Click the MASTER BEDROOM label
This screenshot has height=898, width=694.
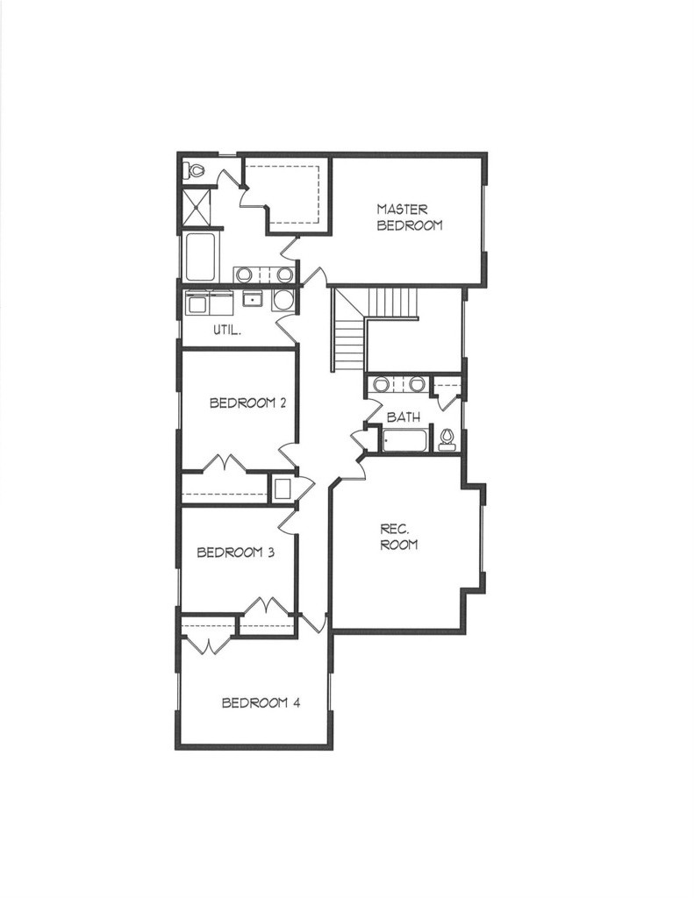[x=409, y=217]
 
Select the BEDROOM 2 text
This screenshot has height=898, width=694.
[x=247, y=403]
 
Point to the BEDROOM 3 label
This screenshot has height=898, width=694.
[x=235, y=552]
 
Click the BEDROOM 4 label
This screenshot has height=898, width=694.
[x=261, y=702]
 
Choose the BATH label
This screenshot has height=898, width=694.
[x=404, y=417]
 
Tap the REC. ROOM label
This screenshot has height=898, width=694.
[x=399, y=538]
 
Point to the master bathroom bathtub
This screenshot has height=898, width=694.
[x=200, y=257]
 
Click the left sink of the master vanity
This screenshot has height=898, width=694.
[x=243, y=274]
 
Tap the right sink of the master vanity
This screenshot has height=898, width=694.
[x=284, y=274]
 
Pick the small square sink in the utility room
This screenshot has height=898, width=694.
[x=252, y=298]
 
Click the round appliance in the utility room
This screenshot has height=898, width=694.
[x=283, y=300]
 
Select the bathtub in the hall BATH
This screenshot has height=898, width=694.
[x=404, y=440]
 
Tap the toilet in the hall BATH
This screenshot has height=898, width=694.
[x=447, y=439]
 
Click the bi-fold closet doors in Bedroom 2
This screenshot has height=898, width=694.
[x=224, y=463]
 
